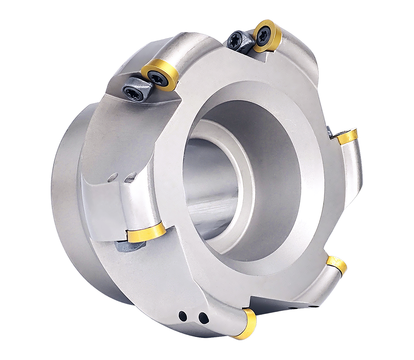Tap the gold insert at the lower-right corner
pyautogui.click(x=337, y=264)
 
